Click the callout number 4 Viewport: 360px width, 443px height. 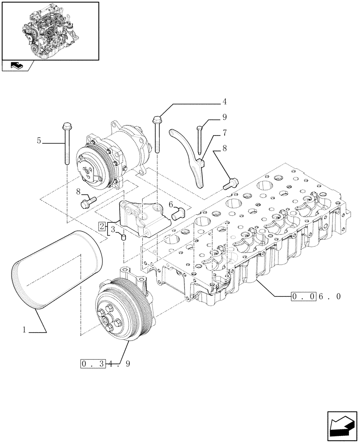pos(224,102)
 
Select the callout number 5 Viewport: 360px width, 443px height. pos(39,141)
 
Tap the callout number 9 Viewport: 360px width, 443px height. pos(224,117)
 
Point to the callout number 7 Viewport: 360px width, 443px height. pos(224,132)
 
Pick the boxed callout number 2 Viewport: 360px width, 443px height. pos(102,227)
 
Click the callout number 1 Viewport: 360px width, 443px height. pos(25,330)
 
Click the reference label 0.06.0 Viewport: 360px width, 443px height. pos(316,296)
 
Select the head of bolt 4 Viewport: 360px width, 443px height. pos(157,120)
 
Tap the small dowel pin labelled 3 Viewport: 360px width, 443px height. pos(125,238)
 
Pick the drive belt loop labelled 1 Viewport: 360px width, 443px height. pos(58,270)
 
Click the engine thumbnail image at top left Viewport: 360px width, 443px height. pos(50,31)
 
